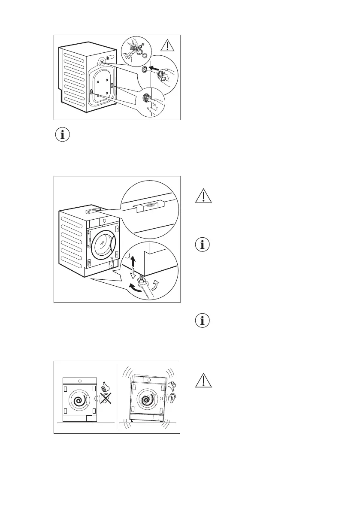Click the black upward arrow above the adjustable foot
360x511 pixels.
pos(133,260)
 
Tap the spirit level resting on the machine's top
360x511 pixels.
pos(93,211)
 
